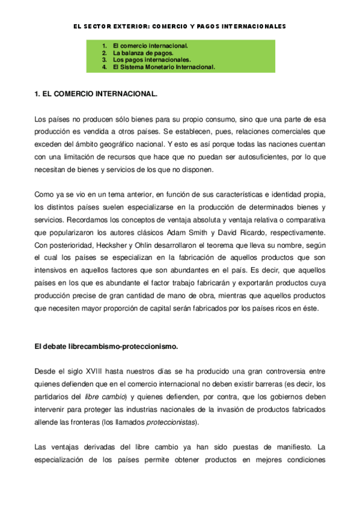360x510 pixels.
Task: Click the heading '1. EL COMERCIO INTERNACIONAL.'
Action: [x=96, y=95]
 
